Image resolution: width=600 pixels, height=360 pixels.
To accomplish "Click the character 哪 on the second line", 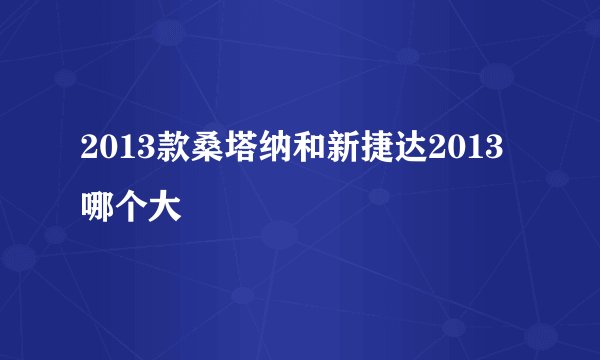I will [98, 208].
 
